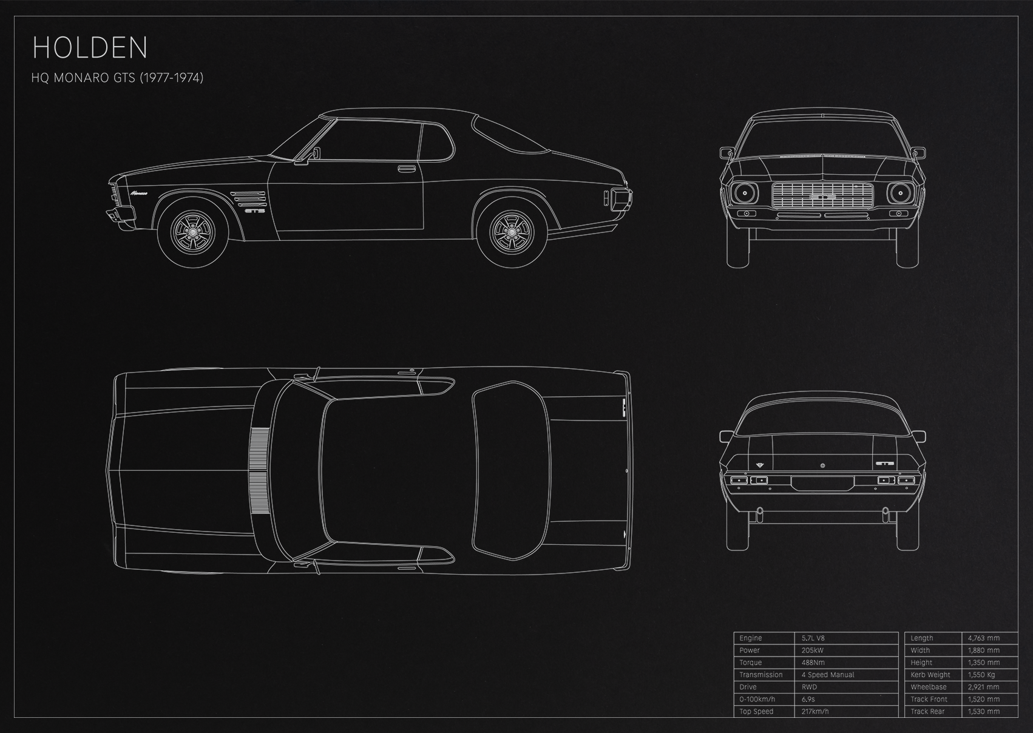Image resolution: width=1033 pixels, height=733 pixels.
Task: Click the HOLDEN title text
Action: [x=90, y=48]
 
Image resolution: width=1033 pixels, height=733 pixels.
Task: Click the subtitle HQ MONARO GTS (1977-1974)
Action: [x=117, y=78]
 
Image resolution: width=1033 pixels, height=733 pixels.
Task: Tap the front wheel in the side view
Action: [x=193, y=231]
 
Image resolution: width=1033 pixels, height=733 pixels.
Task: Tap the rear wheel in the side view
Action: [x=512, y=231]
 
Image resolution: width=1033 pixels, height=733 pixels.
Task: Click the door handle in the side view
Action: [x=406, y=168]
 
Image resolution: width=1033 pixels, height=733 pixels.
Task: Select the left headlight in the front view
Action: [x=743, y=193]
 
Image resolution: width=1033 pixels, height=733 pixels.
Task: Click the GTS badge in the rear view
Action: [x=884, y=464]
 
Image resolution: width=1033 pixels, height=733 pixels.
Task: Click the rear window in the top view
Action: [x=511, y=471]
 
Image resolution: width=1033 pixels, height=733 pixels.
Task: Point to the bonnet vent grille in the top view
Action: [x=260, y=471]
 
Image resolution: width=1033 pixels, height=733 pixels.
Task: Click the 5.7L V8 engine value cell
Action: [x=813, y=638]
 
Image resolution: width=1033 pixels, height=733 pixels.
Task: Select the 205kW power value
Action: [x=812, y=650]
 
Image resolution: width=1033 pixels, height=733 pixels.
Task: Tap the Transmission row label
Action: [x=761, y=675]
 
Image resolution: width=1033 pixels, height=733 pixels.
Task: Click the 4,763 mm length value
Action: [x=984, y=638]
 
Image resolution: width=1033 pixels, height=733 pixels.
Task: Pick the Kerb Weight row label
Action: [x=930, y=675]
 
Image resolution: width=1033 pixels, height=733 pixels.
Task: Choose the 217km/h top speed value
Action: [x=815, y=711]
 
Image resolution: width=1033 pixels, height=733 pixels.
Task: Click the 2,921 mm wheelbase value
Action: [x=983, y=687]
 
